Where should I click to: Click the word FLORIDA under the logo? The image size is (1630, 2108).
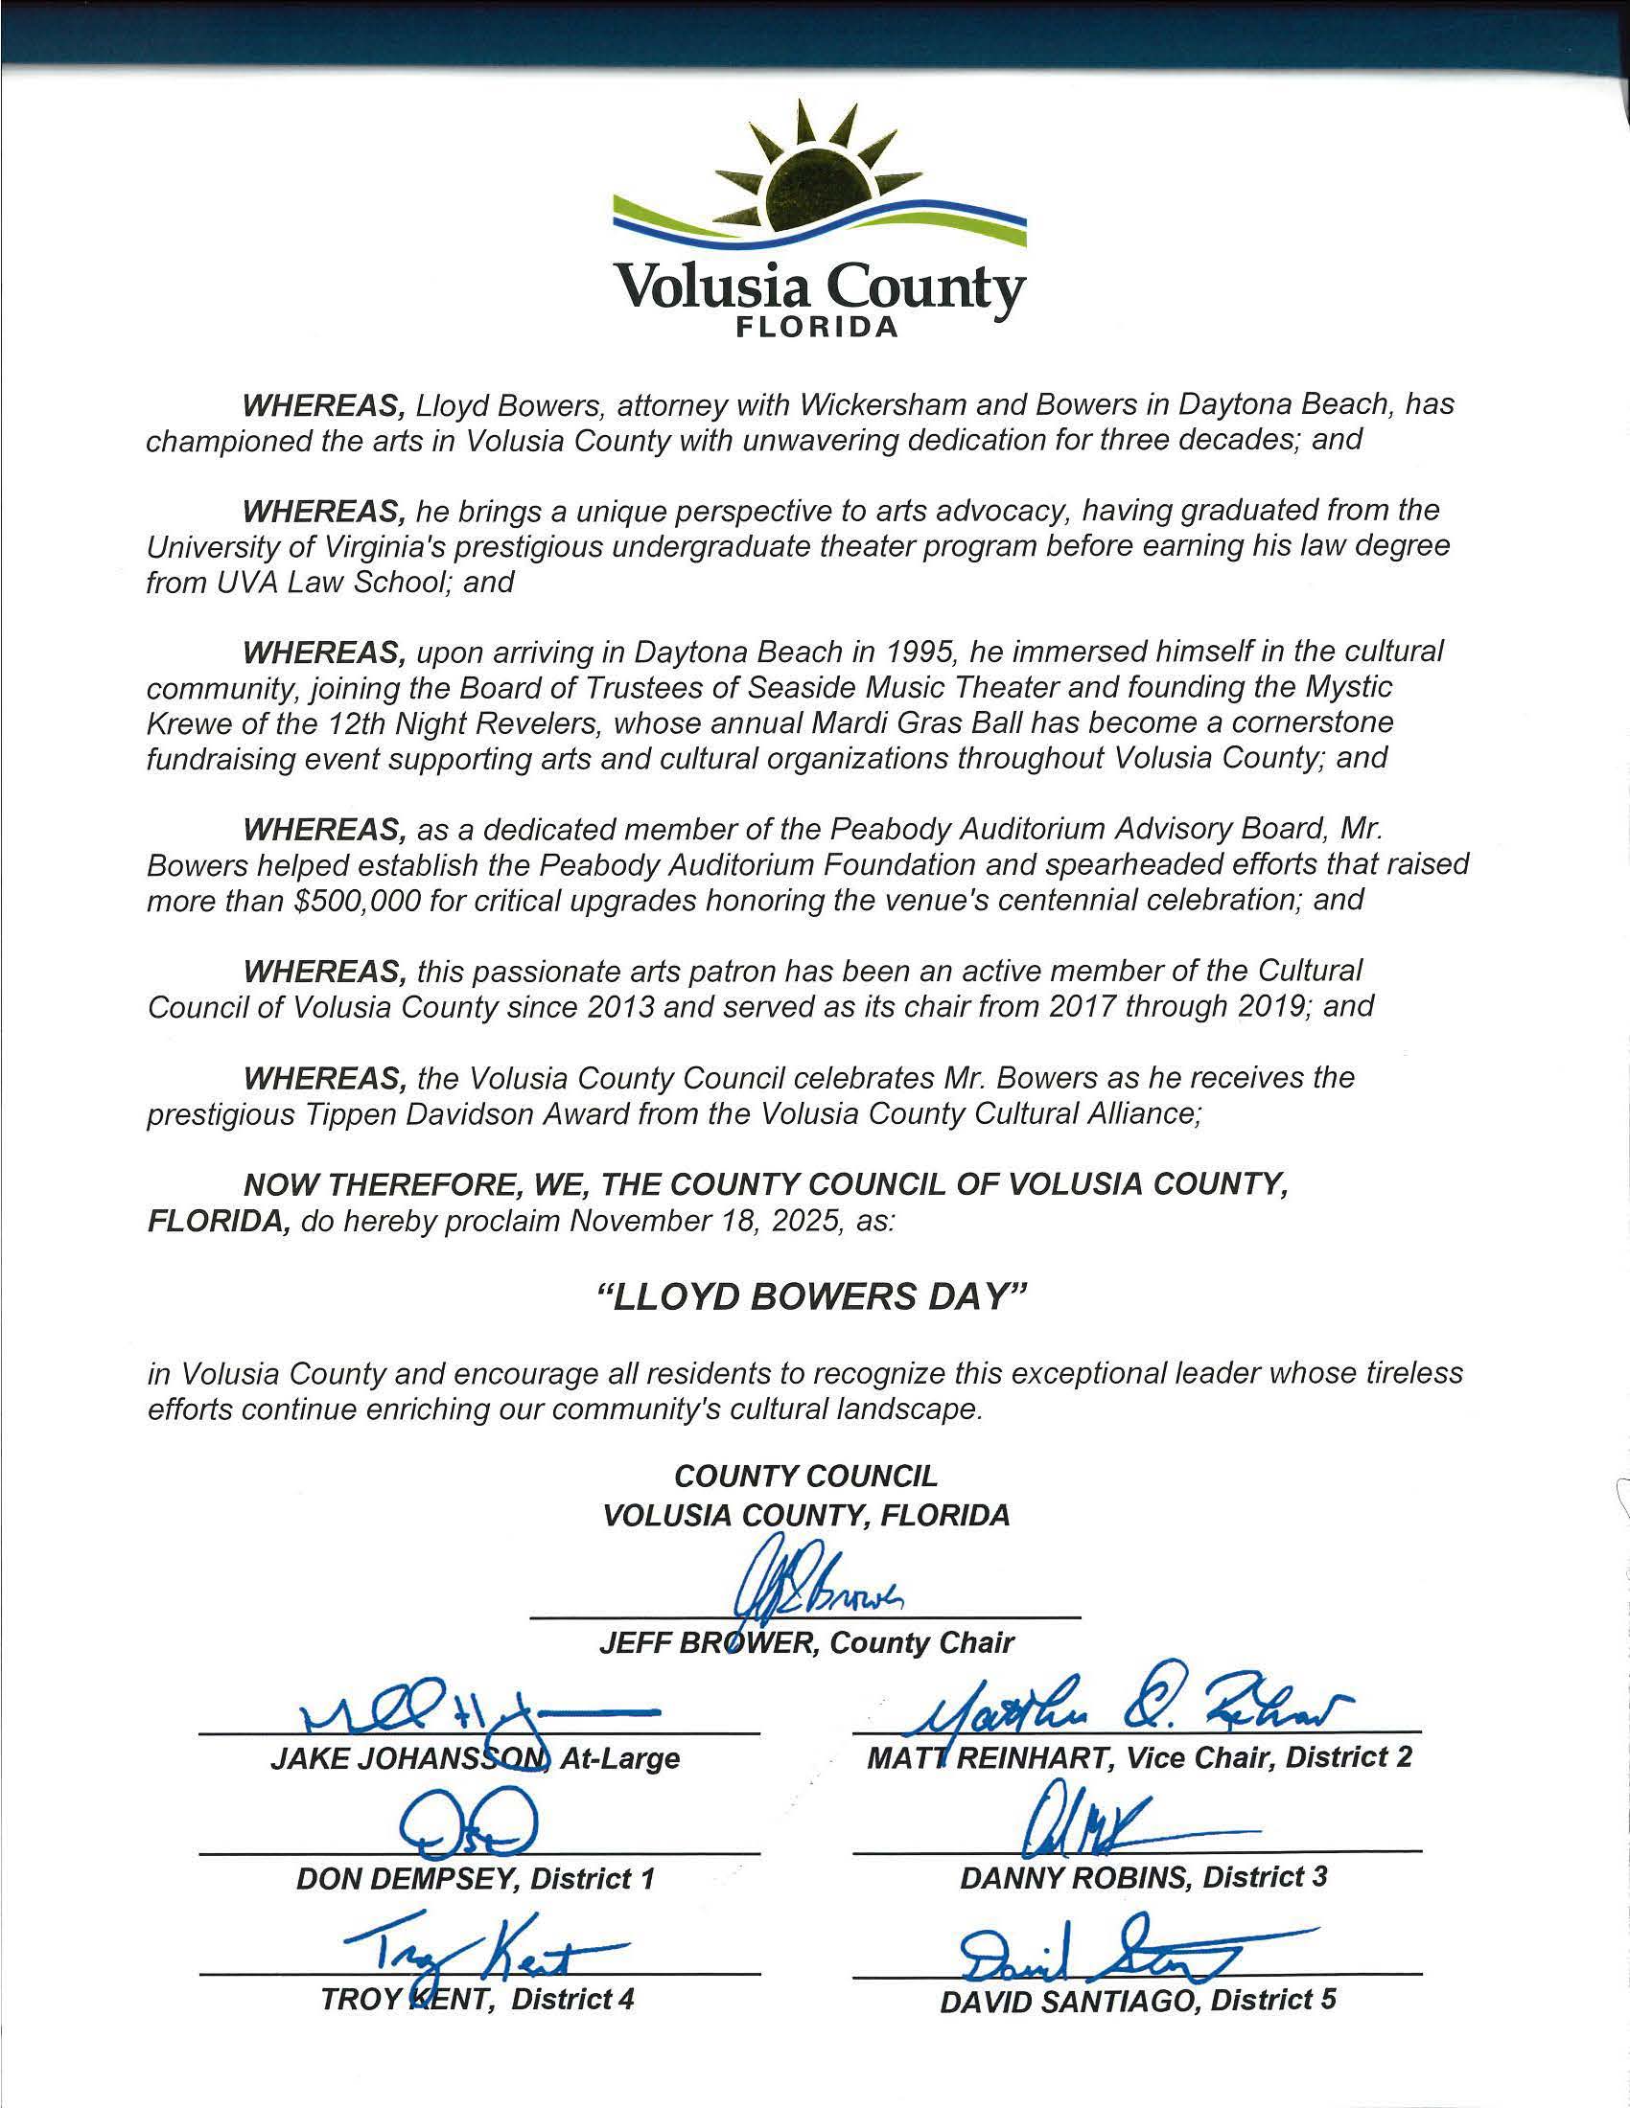[x=817, y=327]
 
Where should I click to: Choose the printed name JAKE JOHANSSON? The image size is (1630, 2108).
[x=407, y=1759]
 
